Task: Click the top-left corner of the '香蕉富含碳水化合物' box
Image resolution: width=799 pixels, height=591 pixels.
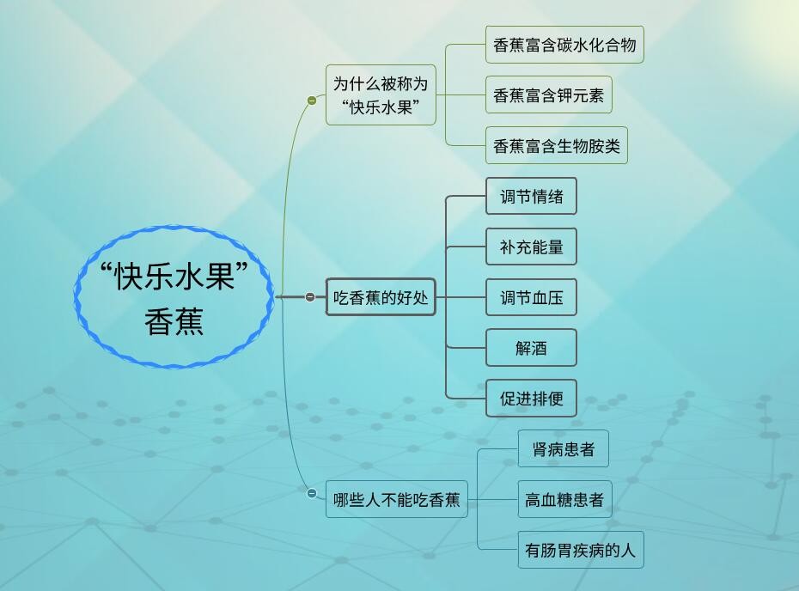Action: [x=485, y=26]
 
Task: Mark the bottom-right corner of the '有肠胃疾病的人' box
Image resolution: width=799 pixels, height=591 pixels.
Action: [x=643, y=568]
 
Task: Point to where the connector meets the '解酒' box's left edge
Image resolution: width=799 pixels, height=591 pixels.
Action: [x=486, y=348]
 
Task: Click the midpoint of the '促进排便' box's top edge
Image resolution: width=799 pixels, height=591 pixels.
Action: [x=532, y=380]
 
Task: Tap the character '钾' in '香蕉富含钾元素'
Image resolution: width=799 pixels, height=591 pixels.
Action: [x=564, y=95]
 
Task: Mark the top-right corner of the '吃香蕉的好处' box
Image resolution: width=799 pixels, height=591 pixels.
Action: [x=436, y=278]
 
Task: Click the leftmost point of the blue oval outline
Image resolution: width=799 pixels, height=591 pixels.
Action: [x=75, y=296]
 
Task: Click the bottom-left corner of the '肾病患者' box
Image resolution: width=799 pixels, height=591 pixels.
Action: [x=518, y=466]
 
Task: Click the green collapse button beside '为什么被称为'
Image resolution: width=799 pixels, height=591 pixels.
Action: [x=312, y=101]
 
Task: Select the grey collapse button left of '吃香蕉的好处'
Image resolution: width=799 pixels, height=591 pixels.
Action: [x=310, y=296]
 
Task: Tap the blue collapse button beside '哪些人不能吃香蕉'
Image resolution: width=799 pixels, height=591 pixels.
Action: [x=312, y=493]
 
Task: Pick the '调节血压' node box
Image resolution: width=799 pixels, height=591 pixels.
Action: [x=532, y=297]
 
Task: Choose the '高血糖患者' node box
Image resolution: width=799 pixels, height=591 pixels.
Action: [x=564, y=499]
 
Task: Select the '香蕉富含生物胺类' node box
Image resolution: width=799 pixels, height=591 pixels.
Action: [x=557, y=145]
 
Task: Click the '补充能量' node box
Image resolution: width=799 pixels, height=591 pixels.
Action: [x=532, y=247]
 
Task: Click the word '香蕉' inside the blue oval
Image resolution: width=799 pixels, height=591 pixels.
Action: [x=174, y=321]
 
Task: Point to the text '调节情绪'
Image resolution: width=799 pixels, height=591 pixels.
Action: [x=532, y=196]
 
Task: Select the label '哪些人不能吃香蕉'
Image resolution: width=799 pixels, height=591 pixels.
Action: [x=396, y=500]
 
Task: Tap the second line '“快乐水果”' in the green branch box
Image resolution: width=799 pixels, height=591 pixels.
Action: [x=381, y=107]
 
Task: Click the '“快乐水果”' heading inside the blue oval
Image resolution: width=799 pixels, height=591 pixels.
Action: [x=174, y=276]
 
